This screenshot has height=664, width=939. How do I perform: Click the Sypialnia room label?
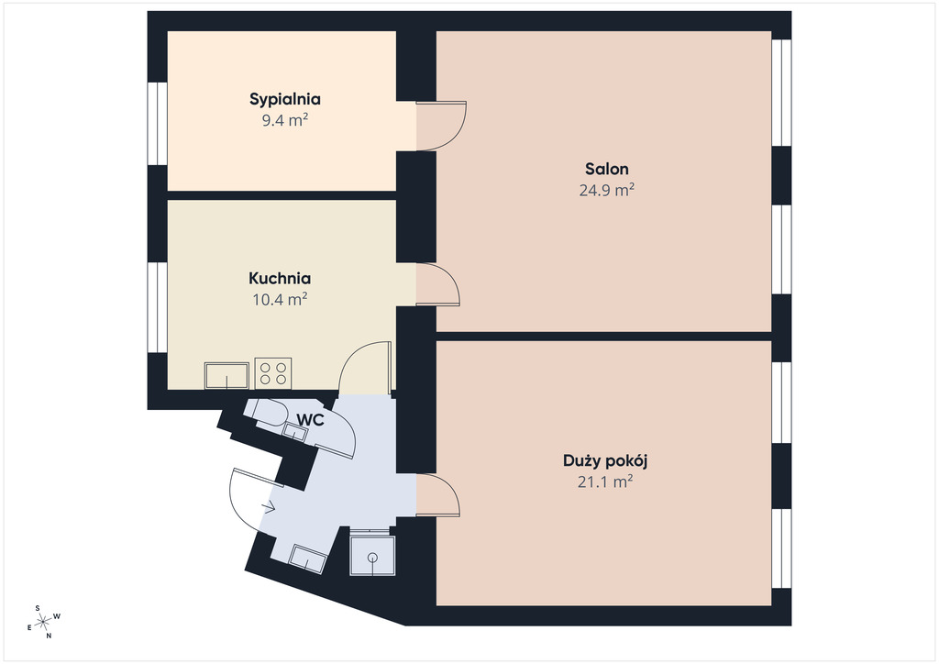[285, 99]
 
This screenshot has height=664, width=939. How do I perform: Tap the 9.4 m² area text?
[285, 120]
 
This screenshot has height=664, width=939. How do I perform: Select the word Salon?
[607, 169]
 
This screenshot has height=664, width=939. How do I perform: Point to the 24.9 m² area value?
[607, 191]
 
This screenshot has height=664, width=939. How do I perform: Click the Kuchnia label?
[280, 279]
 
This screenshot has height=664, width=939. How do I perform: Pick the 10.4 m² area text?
[280, 299]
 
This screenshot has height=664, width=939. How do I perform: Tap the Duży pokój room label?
[605, 461]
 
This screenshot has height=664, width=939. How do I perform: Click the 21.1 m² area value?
[605, 482]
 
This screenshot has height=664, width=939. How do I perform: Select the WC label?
[311, 420]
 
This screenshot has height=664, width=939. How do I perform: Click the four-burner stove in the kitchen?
[273, 373]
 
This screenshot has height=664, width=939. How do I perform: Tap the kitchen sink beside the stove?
[226, 375]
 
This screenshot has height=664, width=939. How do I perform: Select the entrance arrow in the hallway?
[269, 507]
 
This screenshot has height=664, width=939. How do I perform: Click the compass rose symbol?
[44, 622]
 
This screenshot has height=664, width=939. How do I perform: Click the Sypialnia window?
[158, 123]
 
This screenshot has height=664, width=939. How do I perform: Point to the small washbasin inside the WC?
[294, 432]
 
